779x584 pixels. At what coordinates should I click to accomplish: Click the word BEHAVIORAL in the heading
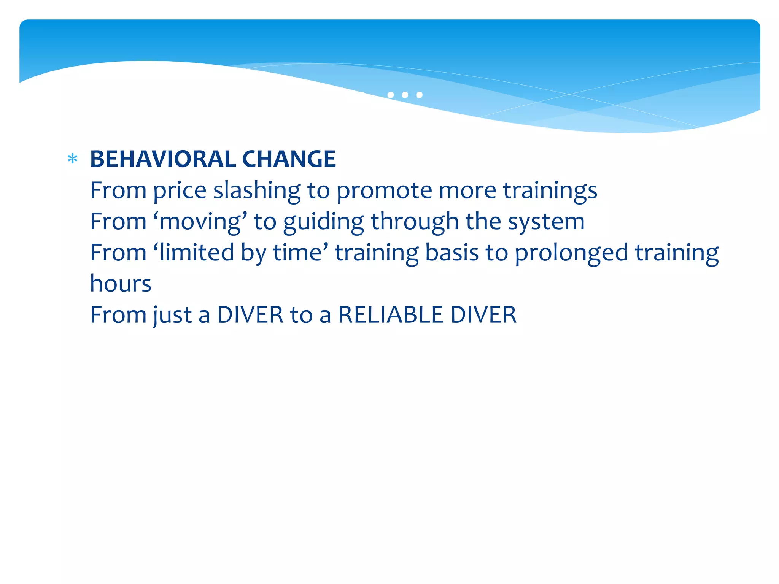(x=162, y=159)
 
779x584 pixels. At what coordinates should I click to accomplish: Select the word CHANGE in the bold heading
(x=289, y=159)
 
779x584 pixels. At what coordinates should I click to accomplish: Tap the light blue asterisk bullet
(x=72, y=159)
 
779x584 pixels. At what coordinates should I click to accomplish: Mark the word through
(x=415, y=221)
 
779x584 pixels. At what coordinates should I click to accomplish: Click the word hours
(x=121, y=284)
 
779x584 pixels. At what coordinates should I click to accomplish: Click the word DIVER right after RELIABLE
(x=483, y=315)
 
